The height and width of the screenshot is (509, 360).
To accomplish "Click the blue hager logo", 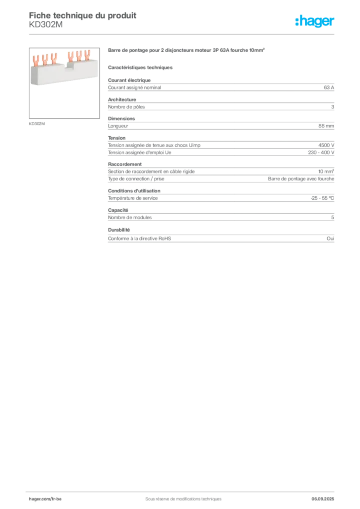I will pos(315,22).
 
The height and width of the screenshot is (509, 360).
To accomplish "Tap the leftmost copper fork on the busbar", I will pos(37,60).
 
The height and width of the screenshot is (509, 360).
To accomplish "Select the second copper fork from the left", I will pos(45,60).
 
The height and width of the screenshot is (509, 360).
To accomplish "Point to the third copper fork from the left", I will pos(53,59).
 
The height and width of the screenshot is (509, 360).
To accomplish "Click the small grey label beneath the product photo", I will pos(38,123).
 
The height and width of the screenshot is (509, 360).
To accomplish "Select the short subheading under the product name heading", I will pos(141,67).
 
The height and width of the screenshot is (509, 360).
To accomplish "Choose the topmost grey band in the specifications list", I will pos(220,88).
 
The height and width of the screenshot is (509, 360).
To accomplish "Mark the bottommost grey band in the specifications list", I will pos(220,239).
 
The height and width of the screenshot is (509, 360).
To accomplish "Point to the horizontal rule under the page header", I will pos(182,34).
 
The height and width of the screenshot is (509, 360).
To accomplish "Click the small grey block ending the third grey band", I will pos(326,126).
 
